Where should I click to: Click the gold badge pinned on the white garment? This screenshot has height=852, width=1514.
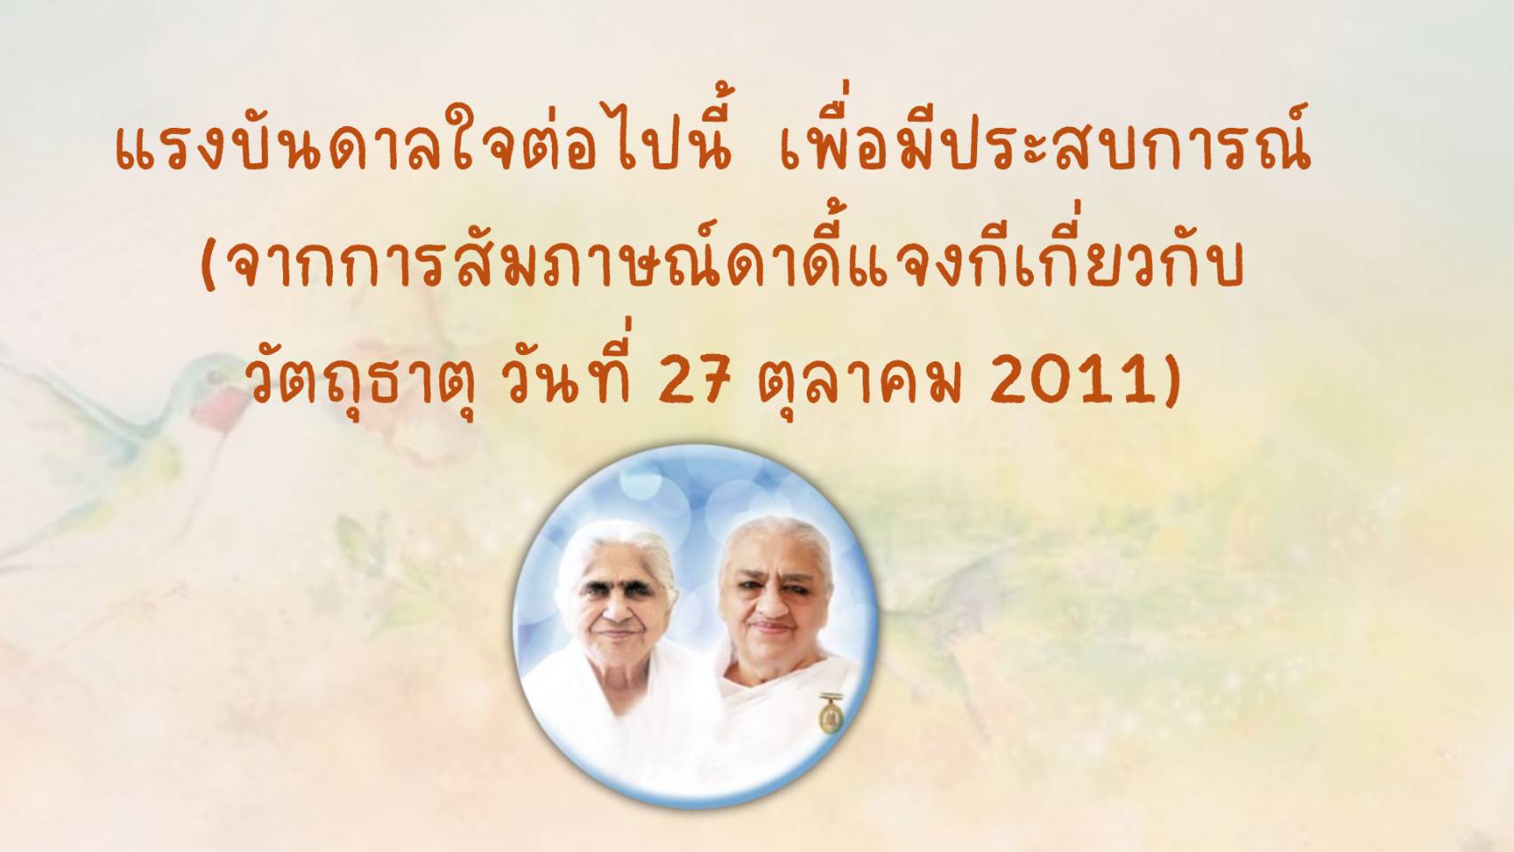826,714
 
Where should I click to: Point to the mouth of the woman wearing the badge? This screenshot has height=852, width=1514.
772,627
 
